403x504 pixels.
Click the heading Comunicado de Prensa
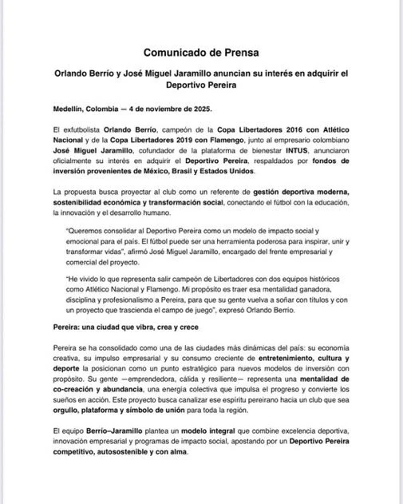point(201,52)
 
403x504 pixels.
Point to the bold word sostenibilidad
point(81,203)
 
